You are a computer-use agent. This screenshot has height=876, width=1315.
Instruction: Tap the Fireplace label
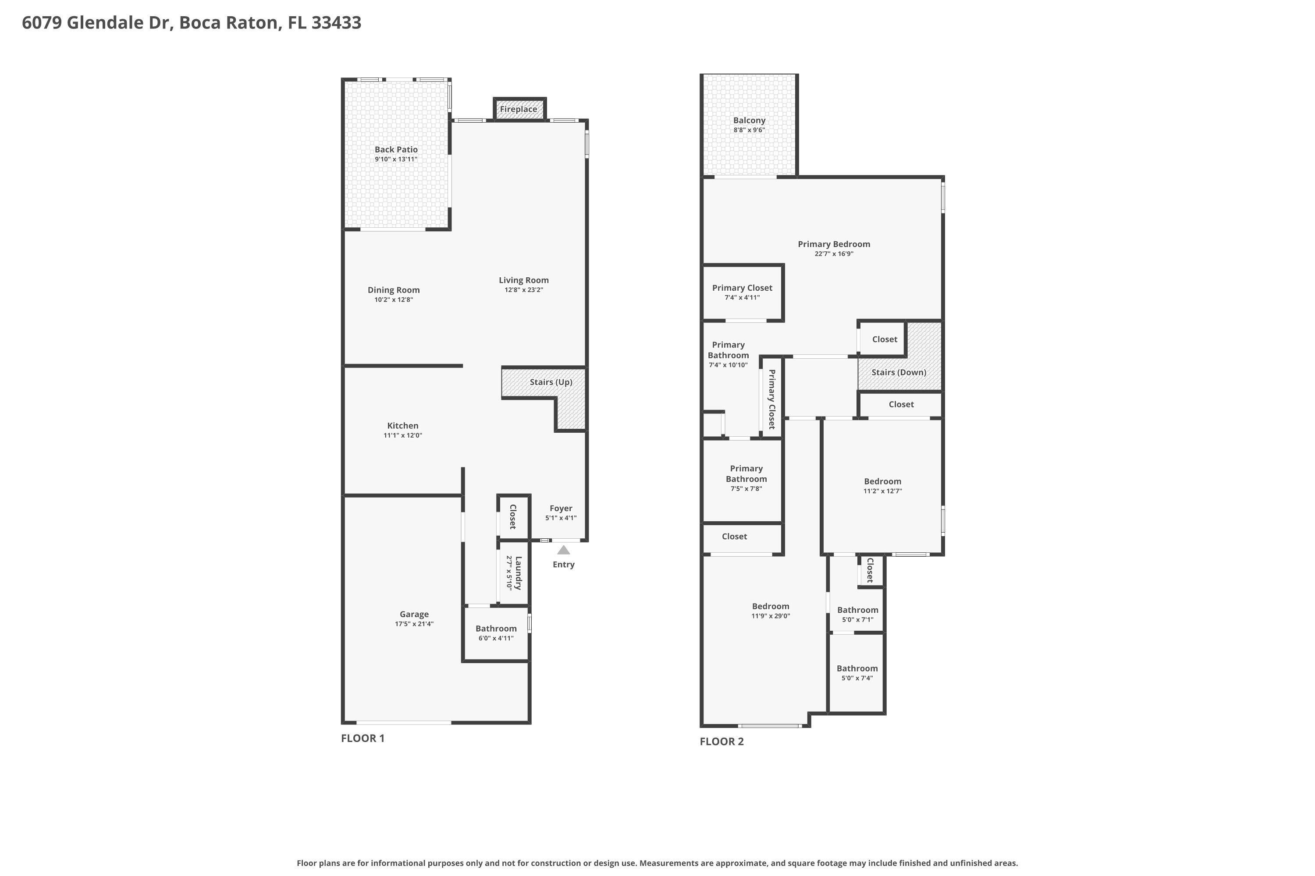point(518,109)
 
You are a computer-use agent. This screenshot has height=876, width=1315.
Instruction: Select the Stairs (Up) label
point(551,382)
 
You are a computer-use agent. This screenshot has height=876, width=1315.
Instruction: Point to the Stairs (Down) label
point(899,372)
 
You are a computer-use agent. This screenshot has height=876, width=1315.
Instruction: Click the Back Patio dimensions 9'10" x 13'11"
point(396,159)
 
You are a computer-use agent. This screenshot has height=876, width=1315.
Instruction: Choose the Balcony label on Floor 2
point(749,120)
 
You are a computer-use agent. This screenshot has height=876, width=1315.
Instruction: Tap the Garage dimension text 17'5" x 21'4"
point(414,624)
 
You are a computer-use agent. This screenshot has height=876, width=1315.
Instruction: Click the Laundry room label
point(518,572)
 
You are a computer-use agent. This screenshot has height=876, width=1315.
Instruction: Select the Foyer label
point(561,509)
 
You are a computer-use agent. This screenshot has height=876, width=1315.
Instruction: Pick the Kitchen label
point(402,426)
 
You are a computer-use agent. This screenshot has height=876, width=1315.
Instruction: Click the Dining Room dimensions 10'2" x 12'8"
point(394,300)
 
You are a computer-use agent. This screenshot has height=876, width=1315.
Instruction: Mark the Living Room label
point(524,280)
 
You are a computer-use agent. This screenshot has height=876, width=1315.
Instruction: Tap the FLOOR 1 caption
point(363,738)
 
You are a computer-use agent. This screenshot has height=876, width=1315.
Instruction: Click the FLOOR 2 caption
point(722,742)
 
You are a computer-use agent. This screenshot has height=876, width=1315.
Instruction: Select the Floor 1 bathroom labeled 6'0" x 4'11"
point(496,629)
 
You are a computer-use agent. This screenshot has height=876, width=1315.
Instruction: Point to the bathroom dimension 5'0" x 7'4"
point(857,678)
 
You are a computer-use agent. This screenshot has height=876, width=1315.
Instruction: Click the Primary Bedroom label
point(834,244)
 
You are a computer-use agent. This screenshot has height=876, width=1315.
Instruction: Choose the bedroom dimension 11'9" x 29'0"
point(771,616)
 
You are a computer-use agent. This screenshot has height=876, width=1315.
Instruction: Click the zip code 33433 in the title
point(336,23)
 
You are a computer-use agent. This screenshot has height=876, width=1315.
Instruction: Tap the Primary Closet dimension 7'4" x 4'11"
point(742,298)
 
